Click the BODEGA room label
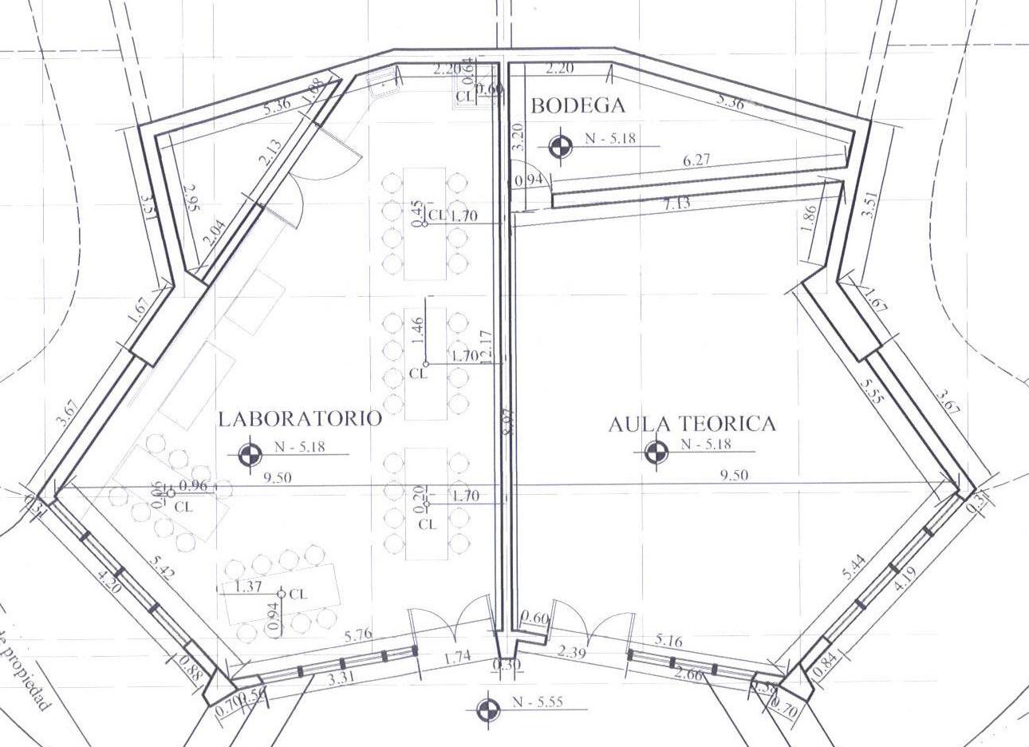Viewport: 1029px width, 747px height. [578, 105]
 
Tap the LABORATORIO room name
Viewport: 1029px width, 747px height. [300, 418]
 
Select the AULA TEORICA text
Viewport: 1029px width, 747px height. [692, 424]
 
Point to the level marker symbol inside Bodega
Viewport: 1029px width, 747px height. [561, 144]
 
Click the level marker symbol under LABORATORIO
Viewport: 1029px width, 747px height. [250, 454]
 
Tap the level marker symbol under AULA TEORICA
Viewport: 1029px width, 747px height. [656, 453]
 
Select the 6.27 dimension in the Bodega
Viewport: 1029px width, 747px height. [696, 160]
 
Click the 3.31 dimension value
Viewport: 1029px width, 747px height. [341, 680]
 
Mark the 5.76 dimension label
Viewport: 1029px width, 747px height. [357, 636]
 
